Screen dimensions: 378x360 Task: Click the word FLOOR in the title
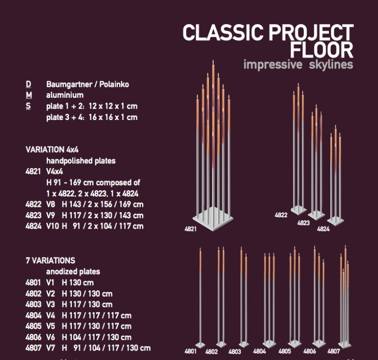pos(322,50)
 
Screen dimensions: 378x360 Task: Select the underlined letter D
pos(28,85)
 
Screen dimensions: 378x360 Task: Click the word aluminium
pos(65,95)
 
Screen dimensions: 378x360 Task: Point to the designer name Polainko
pos(114,85)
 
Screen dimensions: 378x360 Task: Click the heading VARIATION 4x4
pos(52,150)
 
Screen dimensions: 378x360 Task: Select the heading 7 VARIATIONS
pos(51,260)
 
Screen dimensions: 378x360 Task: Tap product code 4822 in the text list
pos(33,205)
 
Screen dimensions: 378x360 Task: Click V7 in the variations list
pos(51,348)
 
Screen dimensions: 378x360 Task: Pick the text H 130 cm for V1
pos(77,283)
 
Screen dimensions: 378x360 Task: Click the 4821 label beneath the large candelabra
pos(190,229)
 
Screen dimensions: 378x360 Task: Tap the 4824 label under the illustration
pos(323,229)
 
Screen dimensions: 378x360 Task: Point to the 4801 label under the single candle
pos(190,351)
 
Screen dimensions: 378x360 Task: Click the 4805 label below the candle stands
pos(285,351)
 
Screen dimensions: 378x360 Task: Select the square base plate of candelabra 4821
pos(213,219)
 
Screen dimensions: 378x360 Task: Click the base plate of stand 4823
pos(316,215)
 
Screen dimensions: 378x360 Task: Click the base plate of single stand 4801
pos(200,345)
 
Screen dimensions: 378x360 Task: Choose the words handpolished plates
pos(81,161)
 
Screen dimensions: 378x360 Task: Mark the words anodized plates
pos(73,272)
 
